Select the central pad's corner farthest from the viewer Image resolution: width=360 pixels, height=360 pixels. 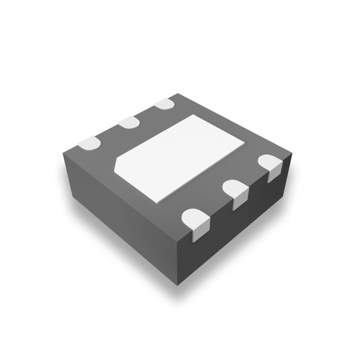coord(193,115)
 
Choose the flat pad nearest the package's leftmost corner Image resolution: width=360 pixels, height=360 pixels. coord(89,143)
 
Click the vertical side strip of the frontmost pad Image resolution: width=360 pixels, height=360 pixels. coord(201,231)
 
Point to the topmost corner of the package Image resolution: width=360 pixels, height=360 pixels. coord(178,94)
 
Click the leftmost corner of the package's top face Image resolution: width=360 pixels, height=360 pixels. coord(63,153)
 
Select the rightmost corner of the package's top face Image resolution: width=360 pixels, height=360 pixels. coord(292,154)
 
